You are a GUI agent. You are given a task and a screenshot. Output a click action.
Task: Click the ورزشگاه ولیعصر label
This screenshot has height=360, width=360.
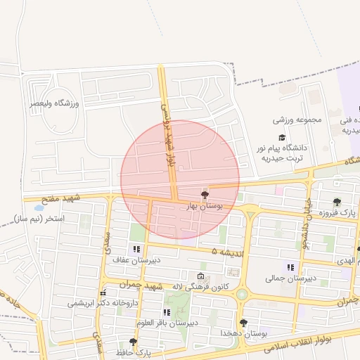coord(54,104)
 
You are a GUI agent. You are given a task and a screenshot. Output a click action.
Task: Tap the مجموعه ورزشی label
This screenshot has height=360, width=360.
coord(297,120)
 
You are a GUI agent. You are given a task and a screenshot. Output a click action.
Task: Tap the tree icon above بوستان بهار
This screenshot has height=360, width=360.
coord(205,195)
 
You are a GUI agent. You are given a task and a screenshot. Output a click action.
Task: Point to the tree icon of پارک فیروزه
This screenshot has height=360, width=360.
coord(337,202)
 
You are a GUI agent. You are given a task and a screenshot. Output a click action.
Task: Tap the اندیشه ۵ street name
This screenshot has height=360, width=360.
coord(227,251)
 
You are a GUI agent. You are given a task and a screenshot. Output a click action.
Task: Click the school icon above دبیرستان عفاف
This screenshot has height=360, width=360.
coord(136,249)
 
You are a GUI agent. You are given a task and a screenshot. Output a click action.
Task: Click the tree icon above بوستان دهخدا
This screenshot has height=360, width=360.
coord(243,323)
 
